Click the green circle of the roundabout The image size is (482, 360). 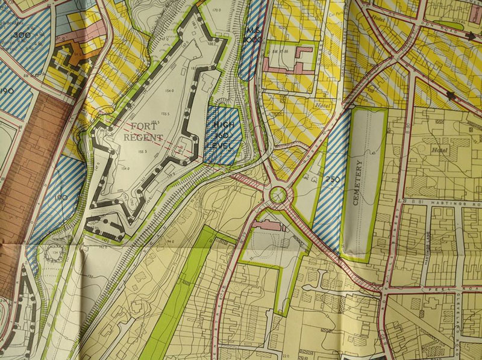point(278,194)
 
